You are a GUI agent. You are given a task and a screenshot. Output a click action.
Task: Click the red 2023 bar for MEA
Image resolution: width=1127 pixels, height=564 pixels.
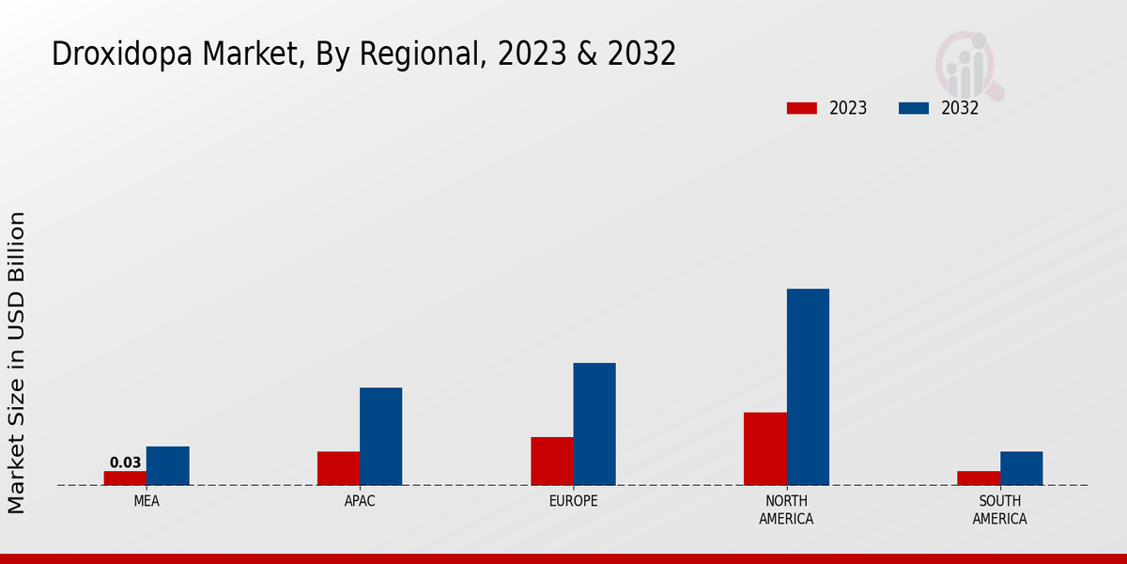[125, 478]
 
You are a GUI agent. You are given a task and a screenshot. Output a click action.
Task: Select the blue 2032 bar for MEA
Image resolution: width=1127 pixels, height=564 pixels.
[167, 465]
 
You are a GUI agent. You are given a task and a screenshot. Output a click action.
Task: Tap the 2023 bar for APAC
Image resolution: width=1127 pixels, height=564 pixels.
[338, 468]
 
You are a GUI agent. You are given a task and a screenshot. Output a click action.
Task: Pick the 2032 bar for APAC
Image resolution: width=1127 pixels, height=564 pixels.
[380, 436]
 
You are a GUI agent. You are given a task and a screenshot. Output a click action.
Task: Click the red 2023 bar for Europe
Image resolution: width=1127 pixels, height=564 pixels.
[551, 461]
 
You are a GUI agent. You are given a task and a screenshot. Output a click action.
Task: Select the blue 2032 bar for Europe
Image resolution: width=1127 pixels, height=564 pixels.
[594, 424]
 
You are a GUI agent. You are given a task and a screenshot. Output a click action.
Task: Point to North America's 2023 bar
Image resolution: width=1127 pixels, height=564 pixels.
[764, 448]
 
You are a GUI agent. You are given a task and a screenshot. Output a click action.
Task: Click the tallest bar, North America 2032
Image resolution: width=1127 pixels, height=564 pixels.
[808, 386]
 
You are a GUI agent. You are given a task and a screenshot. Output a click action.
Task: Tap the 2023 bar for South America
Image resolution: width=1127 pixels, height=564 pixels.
[978, 478]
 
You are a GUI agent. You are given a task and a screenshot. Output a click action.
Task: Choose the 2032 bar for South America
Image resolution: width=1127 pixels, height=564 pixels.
[1021, 468]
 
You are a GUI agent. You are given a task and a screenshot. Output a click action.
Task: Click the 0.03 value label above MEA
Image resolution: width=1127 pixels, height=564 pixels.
[125, 462]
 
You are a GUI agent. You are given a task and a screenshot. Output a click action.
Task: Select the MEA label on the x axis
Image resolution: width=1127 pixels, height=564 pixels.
[147, 501]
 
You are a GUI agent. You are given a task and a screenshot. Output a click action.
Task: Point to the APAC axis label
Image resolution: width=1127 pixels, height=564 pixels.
[360, 501]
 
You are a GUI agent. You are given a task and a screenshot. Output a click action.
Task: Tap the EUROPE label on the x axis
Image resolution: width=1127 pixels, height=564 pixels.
[573, 501]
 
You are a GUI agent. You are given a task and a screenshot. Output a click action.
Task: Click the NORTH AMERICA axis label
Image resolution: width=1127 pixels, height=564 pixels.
[786, 509]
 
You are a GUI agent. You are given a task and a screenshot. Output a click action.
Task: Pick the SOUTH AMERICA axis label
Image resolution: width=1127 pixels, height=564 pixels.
[999, 509]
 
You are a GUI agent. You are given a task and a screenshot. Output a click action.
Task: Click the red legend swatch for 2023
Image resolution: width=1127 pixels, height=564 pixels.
[801, 108]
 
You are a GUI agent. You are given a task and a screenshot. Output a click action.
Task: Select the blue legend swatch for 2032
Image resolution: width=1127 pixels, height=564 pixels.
[914, 108]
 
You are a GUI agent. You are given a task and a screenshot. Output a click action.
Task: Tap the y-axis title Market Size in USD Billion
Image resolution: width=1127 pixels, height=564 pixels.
[17, 363]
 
